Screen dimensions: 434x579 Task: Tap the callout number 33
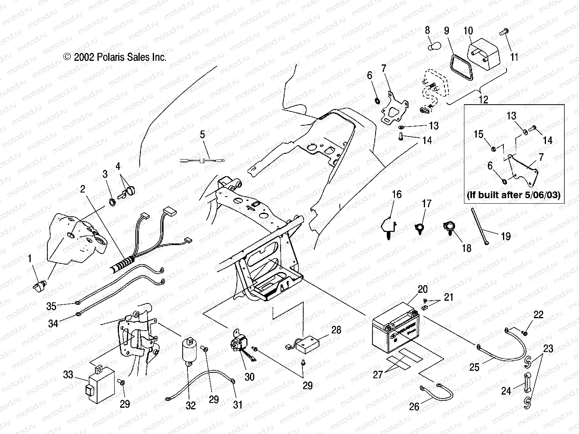pyautogui.click(x=68, y=375)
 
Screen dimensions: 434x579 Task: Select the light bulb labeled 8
pyautogui.click(x=431, y=47)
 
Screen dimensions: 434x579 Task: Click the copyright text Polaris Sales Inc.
pyautogui.click(x=115, y=57)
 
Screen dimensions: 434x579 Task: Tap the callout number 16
pyautogui.click(x=397, y=195)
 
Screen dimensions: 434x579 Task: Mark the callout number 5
pyautogui.click(x=203, y=134)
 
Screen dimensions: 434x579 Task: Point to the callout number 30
pyautogui.click(x=250, y=376)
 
